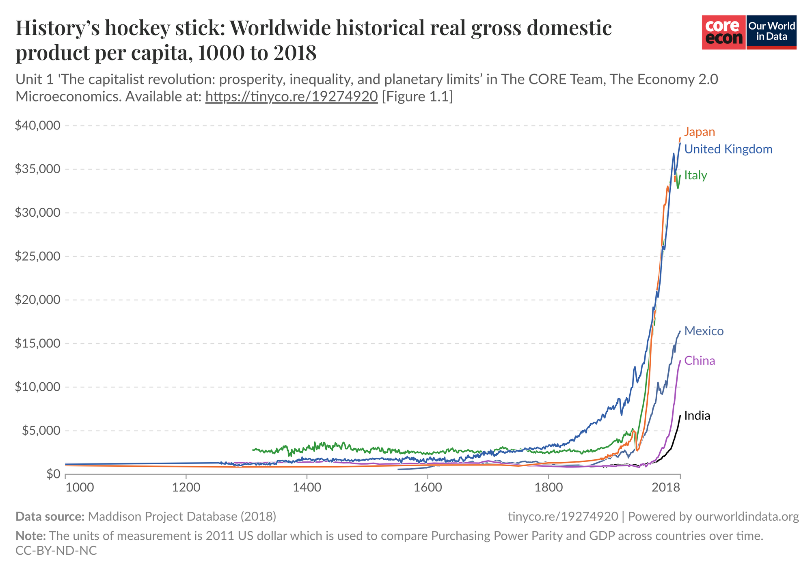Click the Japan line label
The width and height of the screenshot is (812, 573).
point(699,132)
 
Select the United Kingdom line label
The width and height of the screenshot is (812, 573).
point(728,149)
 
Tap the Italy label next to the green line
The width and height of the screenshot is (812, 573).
point(695,175)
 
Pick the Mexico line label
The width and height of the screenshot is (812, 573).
point(704,331)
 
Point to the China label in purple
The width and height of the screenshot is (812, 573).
point(700,361)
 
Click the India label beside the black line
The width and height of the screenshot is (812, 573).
point(697,416)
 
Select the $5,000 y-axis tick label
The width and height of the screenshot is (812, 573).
point(40,431)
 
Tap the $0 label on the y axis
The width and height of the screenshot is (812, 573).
point(51,474)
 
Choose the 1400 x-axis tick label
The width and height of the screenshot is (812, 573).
point(306,487)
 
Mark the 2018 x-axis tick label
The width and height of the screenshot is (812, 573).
point(666,487)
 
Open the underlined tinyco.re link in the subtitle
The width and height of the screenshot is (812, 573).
point(292,97)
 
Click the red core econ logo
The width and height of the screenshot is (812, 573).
point(723,32)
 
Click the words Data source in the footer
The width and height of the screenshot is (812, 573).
point(50,517)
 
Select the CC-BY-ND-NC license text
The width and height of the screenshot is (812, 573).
point(56,551)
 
